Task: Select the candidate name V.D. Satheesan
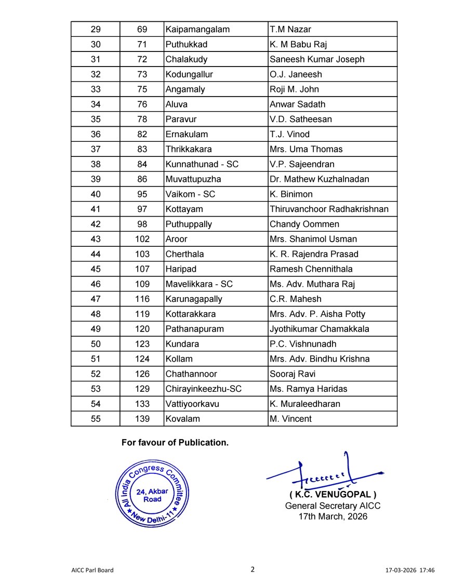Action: pyautogui.click(x=301, y=119)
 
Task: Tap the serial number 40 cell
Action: pyautogui.click(x=96, y=194)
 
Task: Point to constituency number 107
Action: pyautogui.click(x=142, y=269)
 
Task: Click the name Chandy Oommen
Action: pyautogui.click(x=304, y=224)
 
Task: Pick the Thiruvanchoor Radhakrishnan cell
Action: pyautogui.click(x=329, y=209)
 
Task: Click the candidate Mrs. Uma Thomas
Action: pyautogui.click(x=306, y=149)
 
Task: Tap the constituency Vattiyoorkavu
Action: pyautogui.click(x=193, y=404)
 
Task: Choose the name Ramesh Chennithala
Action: pyautogui.click(x=311, y=269)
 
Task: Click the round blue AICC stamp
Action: pyautogui.click(x=149, y=494)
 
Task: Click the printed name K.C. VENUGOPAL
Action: pyautogui.click(x=333, y=494)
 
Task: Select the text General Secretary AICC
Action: pyautogui.click(x=333, y=506)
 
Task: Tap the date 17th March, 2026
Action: pyautogui.click(x=333, y=516)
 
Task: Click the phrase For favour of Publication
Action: pyautogui.click(x=175, y=443)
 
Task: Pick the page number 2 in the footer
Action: pyautogui.click(x=252, y=569)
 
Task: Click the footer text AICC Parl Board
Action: pyautogui.click(x=92, y=570)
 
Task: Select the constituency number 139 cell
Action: pyautogui.click(x=142, y=419)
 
